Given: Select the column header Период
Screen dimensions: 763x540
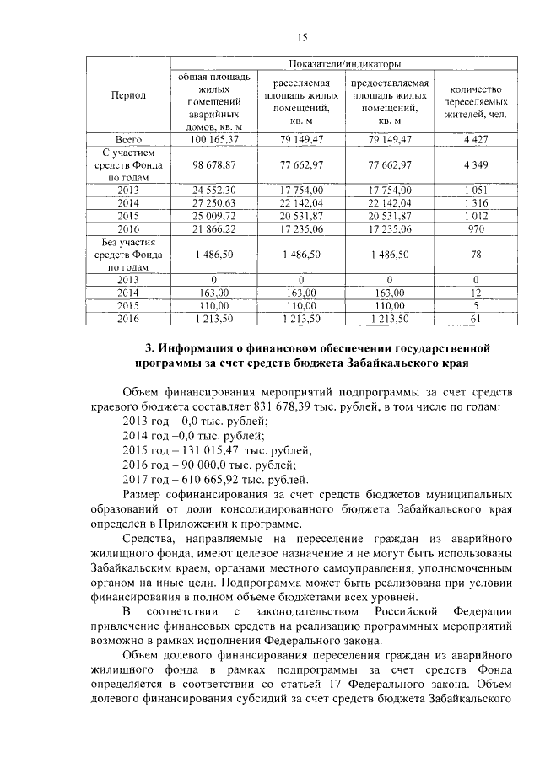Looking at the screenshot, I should [128, 95].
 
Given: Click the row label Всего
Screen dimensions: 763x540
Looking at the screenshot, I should [128, 138].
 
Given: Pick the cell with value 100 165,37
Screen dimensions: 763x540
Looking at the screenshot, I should [213, 138].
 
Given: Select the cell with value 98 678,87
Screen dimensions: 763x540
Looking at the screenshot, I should [213, 167].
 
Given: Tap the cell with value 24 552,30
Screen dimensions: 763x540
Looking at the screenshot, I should [213, 191].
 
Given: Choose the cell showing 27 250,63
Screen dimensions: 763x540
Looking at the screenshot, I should [213, 203].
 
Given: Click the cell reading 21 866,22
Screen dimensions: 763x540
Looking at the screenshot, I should [213, 228].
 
